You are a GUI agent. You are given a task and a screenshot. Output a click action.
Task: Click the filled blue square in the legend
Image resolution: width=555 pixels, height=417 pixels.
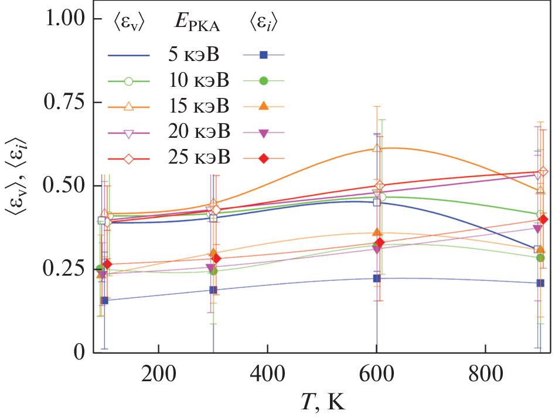tap(264, 55)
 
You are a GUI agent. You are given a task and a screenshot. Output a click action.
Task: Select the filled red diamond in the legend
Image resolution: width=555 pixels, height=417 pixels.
tap(264, 158)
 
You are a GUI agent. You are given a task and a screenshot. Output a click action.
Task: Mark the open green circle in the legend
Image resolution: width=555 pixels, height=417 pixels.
tap(128, 81)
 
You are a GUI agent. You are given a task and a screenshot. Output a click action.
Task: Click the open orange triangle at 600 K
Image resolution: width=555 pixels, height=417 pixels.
tap(377, 148)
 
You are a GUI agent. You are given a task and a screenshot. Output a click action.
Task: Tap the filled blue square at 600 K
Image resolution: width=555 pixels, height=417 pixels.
tap(377, 278)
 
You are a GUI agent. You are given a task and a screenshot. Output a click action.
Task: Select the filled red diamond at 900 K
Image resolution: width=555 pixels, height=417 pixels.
tap(543, 219)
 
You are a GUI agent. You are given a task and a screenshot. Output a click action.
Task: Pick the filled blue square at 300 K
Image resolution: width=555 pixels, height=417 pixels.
tap(213, 290)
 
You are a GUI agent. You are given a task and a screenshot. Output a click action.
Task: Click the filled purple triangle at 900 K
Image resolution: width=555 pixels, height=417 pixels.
tap(537, 229)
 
